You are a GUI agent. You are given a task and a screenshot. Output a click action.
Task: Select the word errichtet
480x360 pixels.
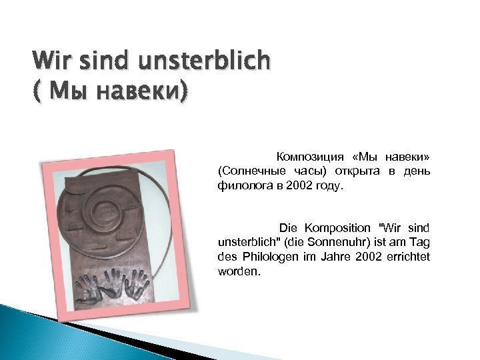(412, 258)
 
